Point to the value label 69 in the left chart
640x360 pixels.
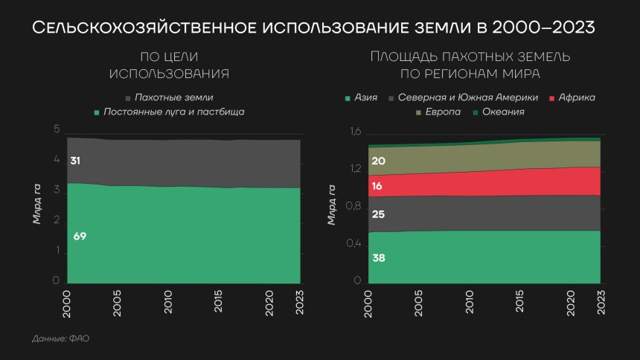point(80,237)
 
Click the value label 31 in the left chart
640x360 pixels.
point(75,161)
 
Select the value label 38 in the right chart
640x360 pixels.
point(377,258)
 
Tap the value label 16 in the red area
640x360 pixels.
point(377,186)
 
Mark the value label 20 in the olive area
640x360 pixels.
point(377,161)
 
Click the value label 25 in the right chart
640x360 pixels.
point(377,215)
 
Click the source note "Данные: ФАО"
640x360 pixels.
point(61,338)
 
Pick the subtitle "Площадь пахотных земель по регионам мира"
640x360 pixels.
point(470,65)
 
